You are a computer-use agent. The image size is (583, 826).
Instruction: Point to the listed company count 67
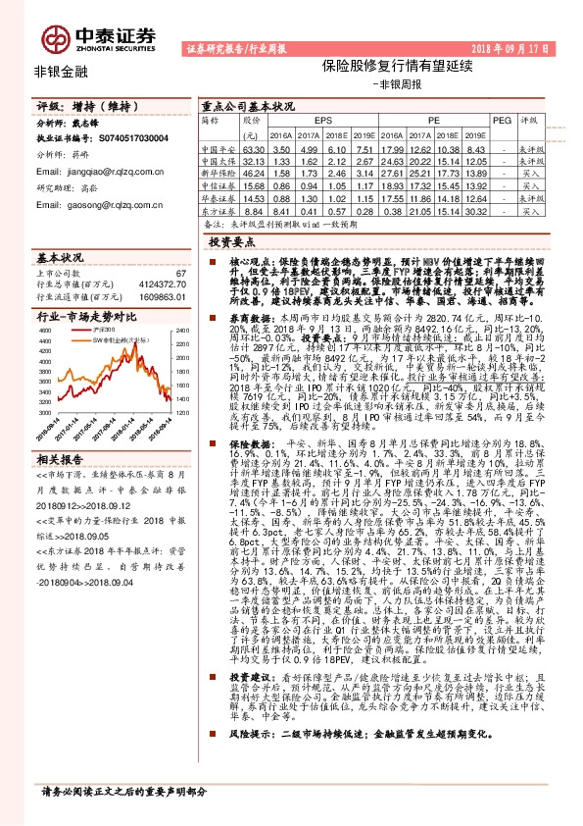(179, 273)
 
